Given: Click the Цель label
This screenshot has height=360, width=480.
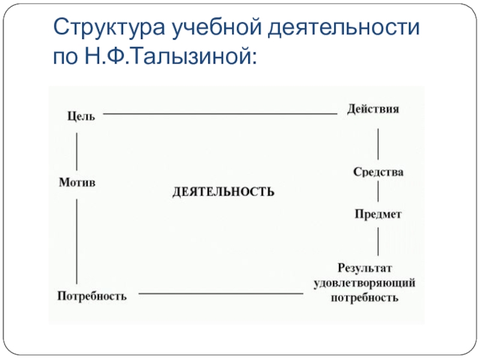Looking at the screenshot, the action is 80,116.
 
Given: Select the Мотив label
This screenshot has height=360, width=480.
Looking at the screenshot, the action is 77,182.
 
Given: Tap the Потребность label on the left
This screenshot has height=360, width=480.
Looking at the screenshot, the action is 92,296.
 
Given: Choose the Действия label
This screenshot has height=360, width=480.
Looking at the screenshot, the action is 373,110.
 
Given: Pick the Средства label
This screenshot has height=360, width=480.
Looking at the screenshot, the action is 378,172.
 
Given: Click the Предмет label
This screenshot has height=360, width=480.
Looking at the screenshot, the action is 377,214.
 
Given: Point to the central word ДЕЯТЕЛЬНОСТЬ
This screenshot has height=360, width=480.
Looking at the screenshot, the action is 223,191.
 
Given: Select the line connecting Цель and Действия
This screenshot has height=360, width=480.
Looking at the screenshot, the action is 220,114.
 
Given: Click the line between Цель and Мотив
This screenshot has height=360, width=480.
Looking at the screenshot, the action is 77,150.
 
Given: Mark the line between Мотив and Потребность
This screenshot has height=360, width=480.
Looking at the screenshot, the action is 77,240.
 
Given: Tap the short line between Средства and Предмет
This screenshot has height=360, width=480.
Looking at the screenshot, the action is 378,193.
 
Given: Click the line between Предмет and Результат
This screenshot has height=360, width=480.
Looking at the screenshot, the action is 378,242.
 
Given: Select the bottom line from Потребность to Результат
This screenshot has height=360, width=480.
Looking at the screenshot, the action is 221,294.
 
